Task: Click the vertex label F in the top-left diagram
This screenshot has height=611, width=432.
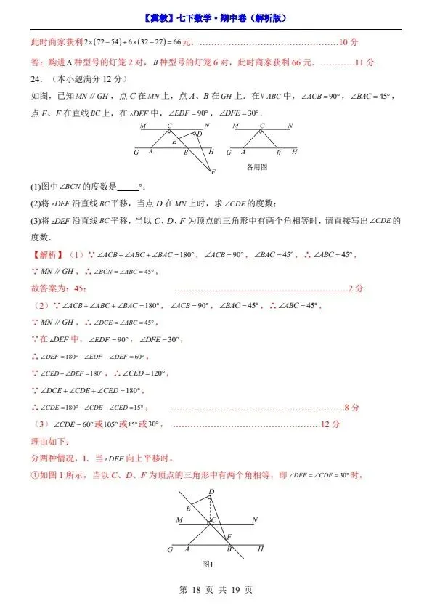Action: point(213,171)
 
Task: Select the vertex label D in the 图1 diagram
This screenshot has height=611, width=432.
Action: point(211,492)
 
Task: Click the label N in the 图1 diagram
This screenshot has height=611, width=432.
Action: point(254,520)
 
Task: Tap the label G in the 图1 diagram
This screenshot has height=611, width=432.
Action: point(169,550)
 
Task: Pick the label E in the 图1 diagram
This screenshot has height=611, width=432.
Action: point(189,509)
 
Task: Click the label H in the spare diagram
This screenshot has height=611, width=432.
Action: point(294,152)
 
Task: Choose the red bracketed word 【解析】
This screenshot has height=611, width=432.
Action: point(47,255)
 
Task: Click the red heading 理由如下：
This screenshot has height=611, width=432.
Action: point(49,441)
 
